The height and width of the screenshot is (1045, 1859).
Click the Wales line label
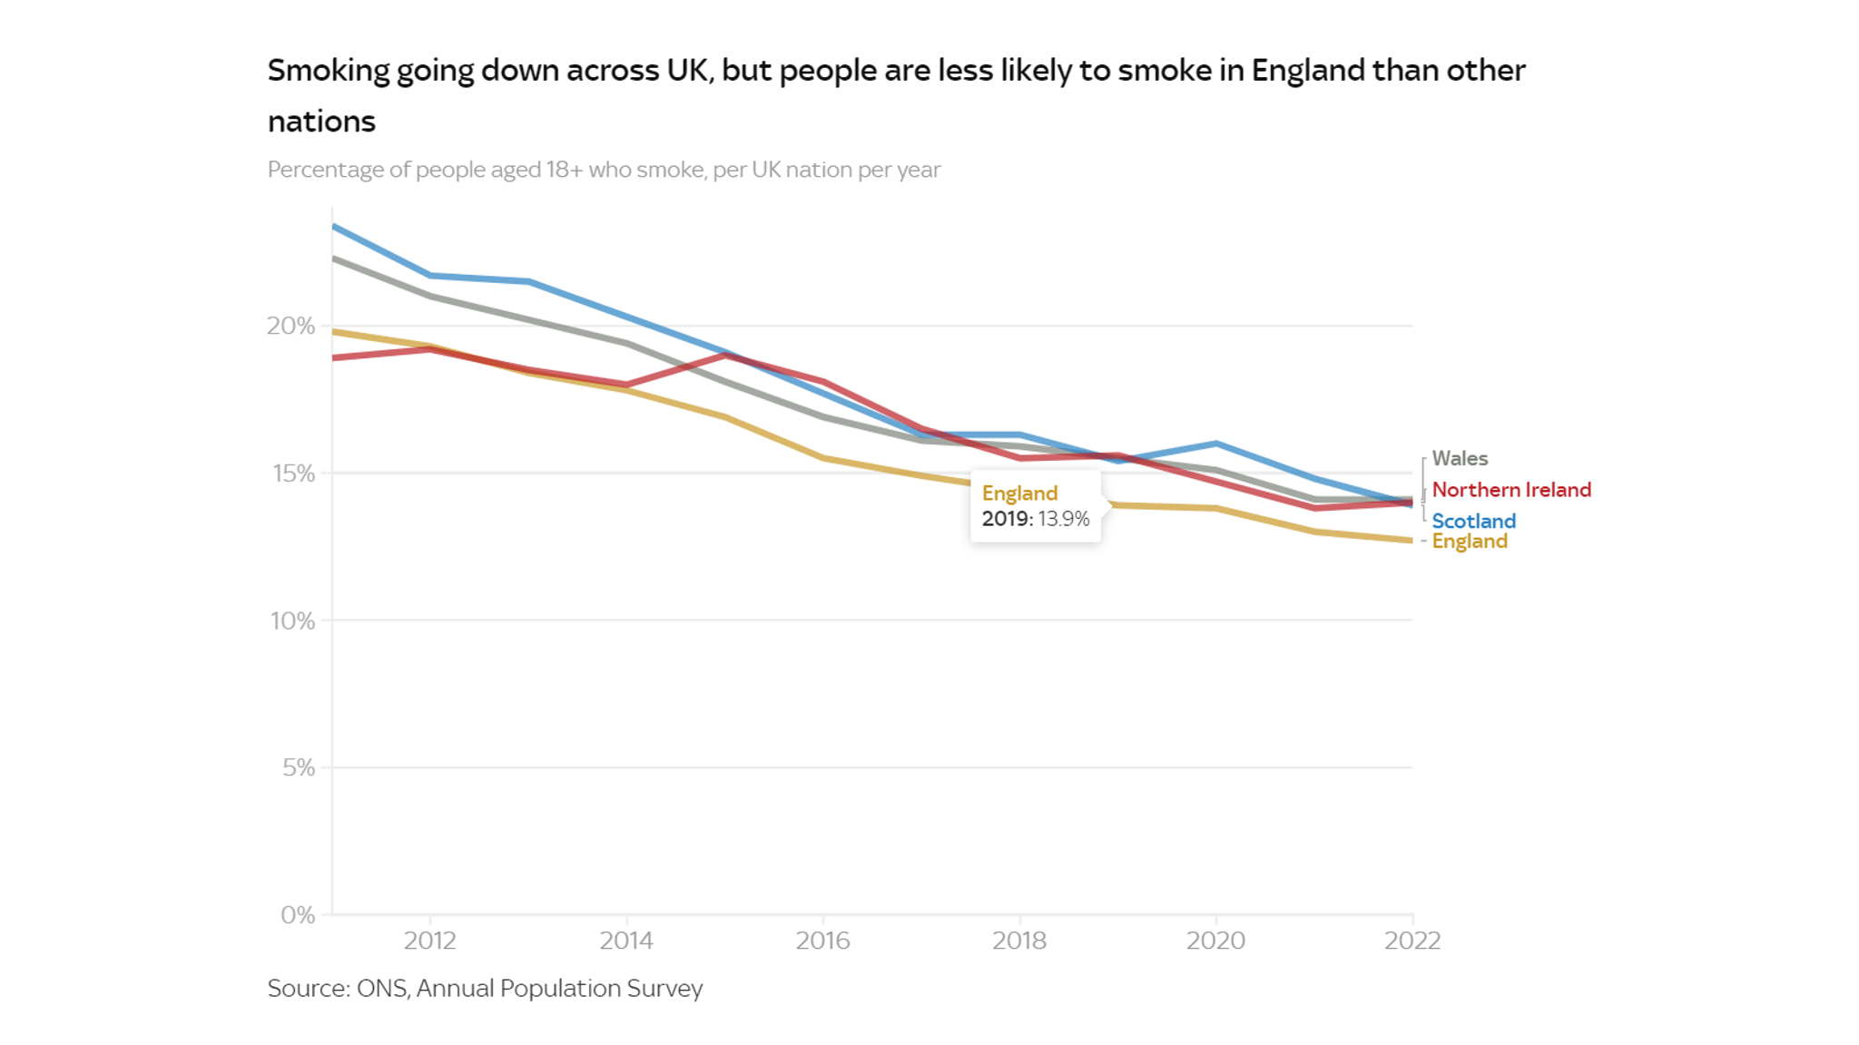1460,459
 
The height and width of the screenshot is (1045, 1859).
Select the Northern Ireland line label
1511,490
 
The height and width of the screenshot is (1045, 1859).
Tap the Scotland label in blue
1473,521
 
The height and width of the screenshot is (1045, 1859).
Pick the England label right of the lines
1470,542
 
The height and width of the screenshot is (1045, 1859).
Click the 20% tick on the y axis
290,327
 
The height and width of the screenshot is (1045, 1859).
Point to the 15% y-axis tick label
293,474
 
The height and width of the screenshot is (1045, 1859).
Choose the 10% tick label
292,621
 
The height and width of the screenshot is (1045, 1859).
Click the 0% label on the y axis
298,915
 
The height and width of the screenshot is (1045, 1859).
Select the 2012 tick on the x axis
430,941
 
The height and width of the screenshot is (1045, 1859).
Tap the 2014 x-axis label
626,941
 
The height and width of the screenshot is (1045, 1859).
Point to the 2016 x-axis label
823,941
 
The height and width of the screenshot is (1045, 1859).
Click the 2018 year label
1019,941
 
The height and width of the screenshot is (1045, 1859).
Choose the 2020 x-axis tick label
1215,941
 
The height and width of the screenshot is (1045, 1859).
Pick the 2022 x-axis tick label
1412,941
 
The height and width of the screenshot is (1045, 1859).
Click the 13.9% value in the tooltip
1064,519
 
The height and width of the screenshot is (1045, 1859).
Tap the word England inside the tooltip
1019,493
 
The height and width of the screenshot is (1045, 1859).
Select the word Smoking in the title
329,71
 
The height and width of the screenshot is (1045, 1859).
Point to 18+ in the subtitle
564,171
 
